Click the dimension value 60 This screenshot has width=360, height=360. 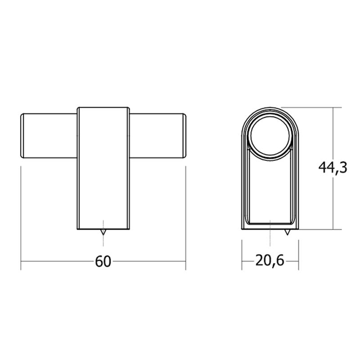click(x=103, y=261)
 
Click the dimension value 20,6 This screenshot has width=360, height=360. click(x=270, y=261)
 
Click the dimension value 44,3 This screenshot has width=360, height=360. click(x=333, y=168)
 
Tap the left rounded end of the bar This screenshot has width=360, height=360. click(x=22, y=136)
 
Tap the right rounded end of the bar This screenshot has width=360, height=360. click(x=184, y=136)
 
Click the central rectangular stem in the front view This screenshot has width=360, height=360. click(x=103, y=168)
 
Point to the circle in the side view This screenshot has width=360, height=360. click(x=270, y=136)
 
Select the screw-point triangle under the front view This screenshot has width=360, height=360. click(x=103, y=232)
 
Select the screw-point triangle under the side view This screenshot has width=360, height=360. click(x=287, y=232)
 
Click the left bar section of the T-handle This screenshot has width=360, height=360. click(x=49, y=136)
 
